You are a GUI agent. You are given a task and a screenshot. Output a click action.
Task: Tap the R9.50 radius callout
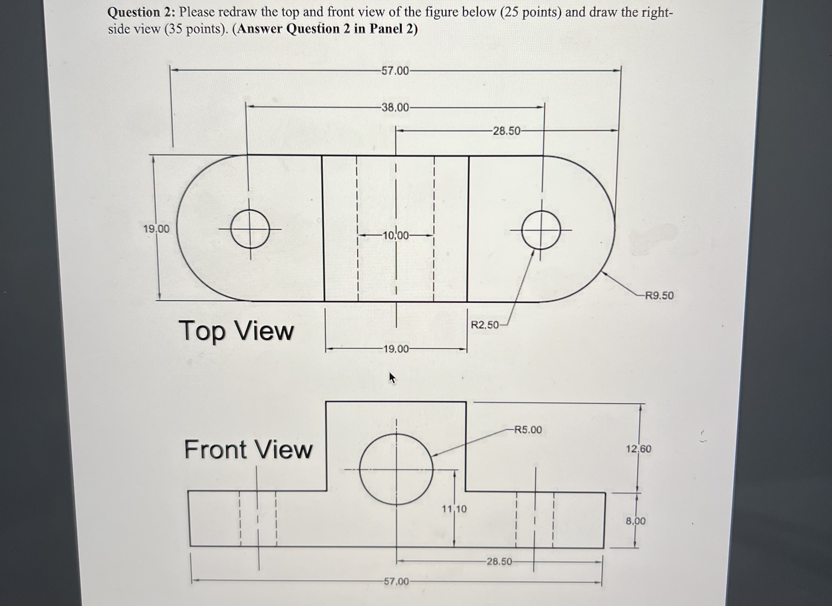point(659,295)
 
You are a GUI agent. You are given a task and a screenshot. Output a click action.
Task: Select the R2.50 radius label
point(485,325)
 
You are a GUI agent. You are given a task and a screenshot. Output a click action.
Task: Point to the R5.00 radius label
point(528,430)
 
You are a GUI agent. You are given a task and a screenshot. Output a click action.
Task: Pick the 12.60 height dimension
point(638,449)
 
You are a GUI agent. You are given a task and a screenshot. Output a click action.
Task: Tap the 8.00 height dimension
point(635,521)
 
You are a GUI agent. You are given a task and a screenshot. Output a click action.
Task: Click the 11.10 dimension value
point(454,509)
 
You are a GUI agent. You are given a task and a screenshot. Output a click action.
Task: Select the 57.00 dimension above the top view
point(395,71)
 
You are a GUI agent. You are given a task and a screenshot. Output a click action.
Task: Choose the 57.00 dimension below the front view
point(396,581)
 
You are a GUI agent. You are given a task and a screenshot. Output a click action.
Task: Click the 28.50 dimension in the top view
point(506,131)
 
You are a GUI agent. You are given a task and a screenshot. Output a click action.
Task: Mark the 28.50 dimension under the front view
point(499,562)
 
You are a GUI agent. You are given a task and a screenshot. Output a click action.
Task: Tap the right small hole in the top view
point(541,230)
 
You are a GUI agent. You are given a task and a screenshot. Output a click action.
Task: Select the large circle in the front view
point(396,469)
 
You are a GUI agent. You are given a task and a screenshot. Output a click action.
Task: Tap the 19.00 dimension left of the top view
point(156,229)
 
